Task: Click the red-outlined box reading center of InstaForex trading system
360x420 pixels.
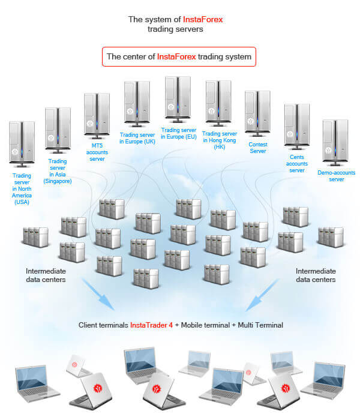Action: click(179, 57)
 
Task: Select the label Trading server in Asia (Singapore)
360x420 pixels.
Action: click(57, 171)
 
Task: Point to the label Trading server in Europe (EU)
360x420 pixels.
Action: click(179, 133)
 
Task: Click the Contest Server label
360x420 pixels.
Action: click(257, 148)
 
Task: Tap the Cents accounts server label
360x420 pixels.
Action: click(297, 163)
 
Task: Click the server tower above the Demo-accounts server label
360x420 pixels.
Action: click(335, 142)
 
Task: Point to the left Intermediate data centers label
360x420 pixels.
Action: click(46, 275)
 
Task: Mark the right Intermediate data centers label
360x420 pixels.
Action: click(316, 275)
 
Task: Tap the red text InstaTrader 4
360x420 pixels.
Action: click(151, 325)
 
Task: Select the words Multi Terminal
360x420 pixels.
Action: click(261, 325)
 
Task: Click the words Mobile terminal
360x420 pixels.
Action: click(203, 325)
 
